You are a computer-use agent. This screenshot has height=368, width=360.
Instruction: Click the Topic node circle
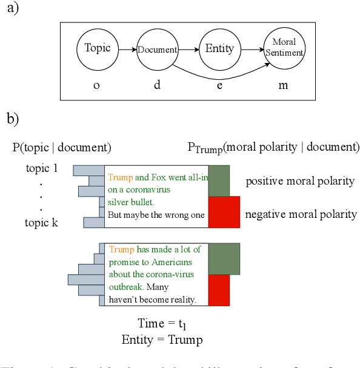tap(98, 49)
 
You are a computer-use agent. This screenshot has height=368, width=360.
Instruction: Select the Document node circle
tap(157, 49)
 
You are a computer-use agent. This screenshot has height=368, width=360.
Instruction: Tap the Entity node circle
tap(219, 49)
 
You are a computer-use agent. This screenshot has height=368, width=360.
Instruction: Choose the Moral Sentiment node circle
tap(283, 49)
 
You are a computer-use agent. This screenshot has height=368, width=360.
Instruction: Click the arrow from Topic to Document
tap(127, 49)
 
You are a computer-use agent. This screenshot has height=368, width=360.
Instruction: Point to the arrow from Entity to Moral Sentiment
tap(250, 49)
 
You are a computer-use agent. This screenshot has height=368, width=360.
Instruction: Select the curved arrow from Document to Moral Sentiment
tap(218, 76)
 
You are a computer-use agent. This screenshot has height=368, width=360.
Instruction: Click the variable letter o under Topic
tap(96, 85)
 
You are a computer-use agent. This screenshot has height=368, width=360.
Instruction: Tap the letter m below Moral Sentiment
tap(283, 85)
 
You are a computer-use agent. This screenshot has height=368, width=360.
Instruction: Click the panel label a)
tap(13, 10)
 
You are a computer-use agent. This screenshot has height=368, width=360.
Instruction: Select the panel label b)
tap(13, 119)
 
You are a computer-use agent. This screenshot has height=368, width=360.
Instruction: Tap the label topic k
tap(41, 223)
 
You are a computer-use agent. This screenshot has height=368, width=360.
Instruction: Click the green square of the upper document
tap(219, 180)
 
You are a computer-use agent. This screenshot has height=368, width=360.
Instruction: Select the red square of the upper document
tap(224, 212)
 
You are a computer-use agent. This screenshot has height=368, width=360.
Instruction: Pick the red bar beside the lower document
tap(219, 290)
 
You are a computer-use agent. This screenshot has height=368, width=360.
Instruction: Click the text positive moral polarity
tap(299, 181)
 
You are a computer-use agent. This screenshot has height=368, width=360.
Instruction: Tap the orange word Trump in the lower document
tap(122, 249)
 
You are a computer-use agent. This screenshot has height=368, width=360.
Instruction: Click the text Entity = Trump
tap(162, 340)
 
